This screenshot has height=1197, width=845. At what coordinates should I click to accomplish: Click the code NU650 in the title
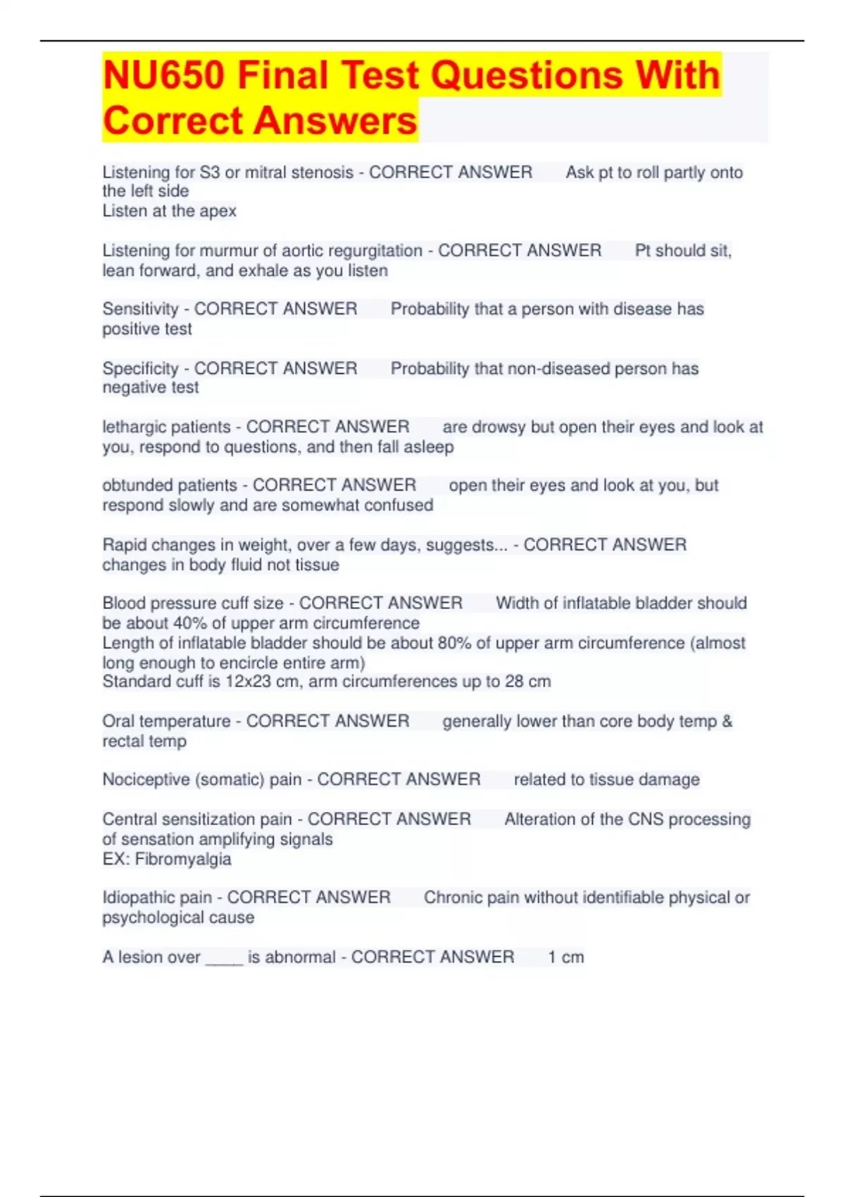pos(163,75)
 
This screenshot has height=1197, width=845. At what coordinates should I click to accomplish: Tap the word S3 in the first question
pos(210,173)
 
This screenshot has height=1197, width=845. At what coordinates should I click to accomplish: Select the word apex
pos(218,211)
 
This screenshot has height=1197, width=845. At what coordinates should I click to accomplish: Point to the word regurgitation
pos(375,251)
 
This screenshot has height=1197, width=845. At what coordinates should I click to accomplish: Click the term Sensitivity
pos(140,309)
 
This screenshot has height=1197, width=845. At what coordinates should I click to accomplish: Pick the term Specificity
pos(140,368)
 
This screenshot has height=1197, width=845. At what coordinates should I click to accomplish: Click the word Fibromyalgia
pos(183,859)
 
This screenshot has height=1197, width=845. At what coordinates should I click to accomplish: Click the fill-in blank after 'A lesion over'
pos(224,959)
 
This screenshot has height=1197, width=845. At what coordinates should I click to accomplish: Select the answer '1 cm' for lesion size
pos(565,957)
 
